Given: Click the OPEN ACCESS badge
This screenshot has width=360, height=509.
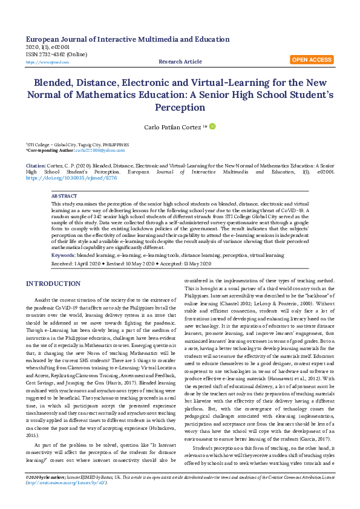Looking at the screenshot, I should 312,60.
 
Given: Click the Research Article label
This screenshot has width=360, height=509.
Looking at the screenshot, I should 180,62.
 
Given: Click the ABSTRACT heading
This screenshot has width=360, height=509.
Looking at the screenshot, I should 64,197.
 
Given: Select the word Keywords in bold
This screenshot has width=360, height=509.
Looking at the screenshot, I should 64,256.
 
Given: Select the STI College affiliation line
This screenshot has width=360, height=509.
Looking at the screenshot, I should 77,145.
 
